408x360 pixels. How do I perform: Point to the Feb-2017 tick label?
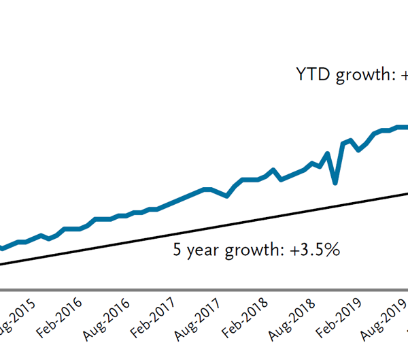(x=153, y=317)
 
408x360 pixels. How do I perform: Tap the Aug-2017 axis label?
(x=199, y=317)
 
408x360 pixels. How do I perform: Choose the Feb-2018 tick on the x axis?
(x=244, y=317)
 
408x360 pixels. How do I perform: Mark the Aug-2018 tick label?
(x=290, y=317)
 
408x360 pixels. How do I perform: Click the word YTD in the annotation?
(x=311, y=75)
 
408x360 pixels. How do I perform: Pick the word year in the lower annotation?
(x=201, y=250)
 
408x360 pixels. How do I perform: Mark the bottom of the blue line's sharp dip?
(x=335, y=182)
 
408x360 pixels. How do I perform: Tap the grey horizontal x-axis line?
(x=204, y=291)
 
